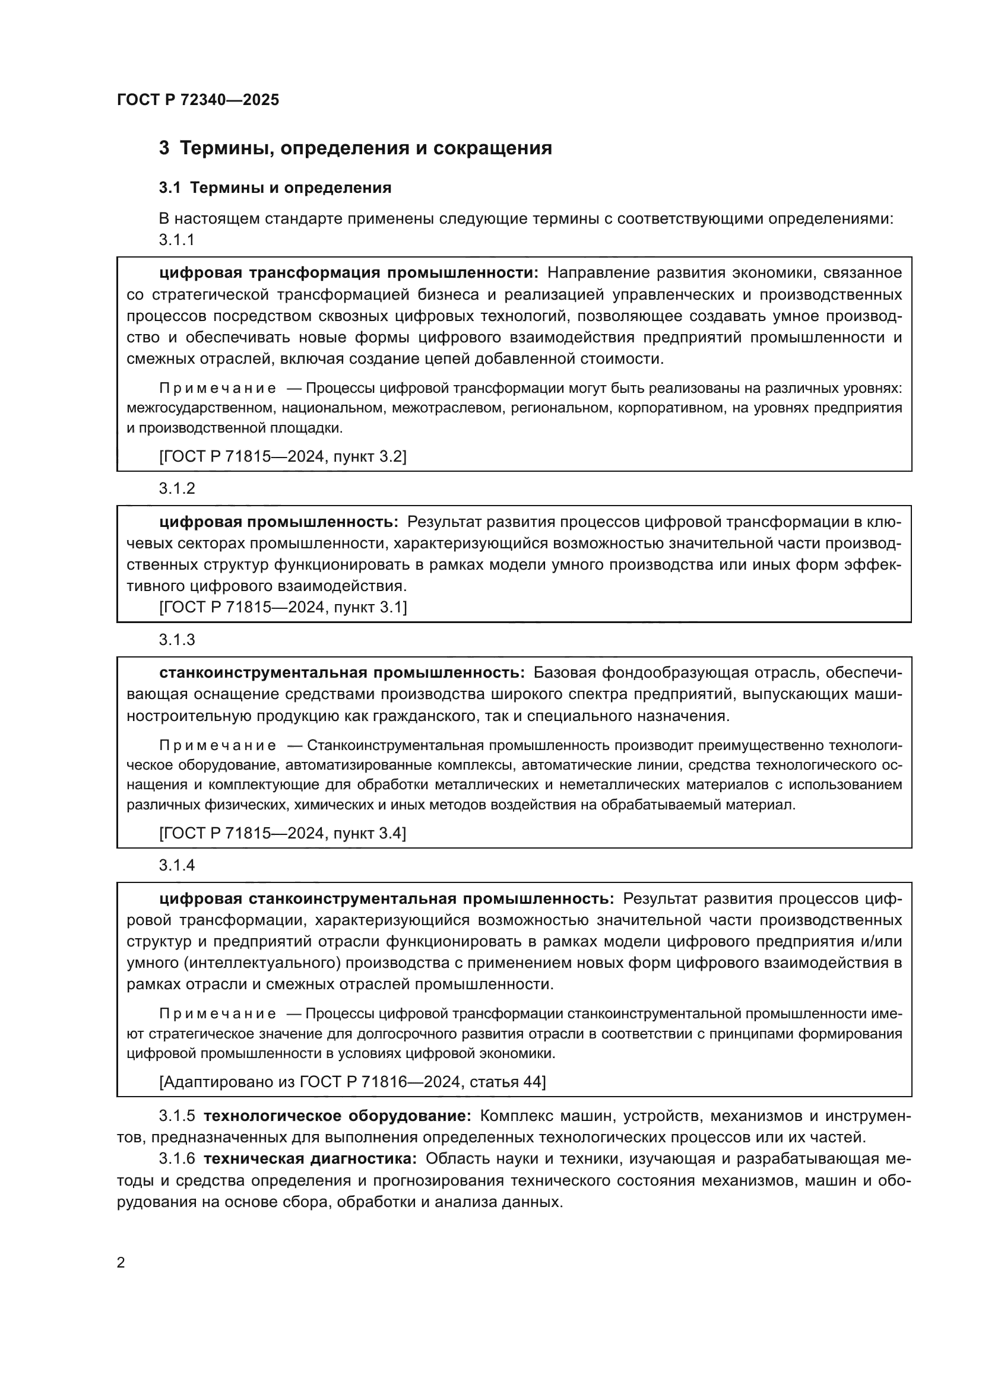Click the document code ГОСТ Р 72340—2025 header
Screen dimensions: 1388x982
(x=198, y=100)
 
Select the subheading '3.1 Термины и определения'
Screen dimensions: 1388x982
(x=275, y=188)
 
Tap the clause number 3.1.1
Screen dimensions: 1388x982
(x=176, y=240)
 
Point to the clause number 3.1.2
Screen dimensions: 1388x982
(x=176, y=488)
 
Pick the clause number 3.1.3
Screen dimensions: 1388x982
(x=176, y=640)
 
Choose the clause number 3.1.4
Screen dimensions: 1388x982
(x=176, y=865)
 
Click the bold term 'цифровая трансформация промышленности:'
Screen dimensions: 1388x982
(x=349, y=273)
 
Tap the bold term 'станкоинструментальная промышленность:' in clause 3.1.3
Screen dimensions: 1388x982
(x=342, y=673)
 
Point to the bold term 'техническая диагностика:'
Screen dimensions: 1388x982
(x=310, y=1159)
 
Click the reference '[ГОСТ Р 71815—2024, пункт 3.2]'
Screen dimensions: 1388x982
(x=283, y=456)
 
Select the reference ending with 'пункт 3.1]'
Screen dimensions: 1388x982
(x=283, y=607)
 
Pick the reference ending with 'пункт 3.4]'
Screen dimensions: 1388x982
(x=283, y=833)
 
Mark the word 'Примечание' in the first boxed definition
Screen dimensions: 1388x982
(x=218, y=388)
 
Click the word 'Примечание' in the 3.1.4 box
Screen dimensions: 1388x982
(x=218, y=1014)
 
